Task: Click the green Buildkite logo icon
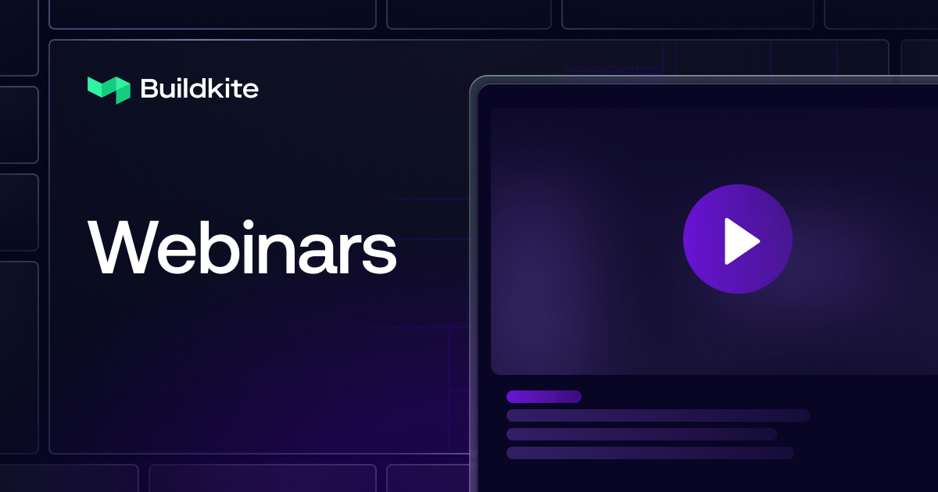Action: pos(108,89)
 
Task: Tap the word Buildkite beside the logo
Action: pos(199,89)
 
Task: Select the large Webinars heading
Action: pos(242,247)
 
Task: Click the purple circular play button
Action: pos(737,239)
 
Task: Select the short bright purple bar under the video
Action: pos(543,397)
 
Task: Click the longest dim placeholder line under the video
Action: pos(657,415)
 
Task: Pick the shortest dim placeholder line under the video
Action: pos(641,434)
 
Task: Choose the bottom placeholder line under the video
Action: pos(650,453)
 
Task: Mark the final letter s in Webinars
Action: pos(381,255)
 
